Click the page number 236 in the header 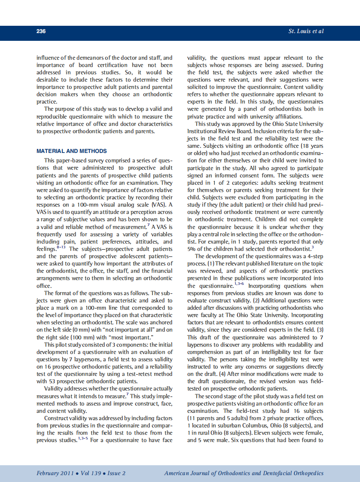[x=41, y=31]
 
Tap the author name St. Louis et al [x=305, y=31]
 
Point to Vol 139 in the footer [x=91, y=473]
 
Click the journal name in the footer [x=244, y=473]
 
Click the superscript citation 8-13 [x=61, y=247]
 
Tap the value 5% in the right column [x=192, y=248]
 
